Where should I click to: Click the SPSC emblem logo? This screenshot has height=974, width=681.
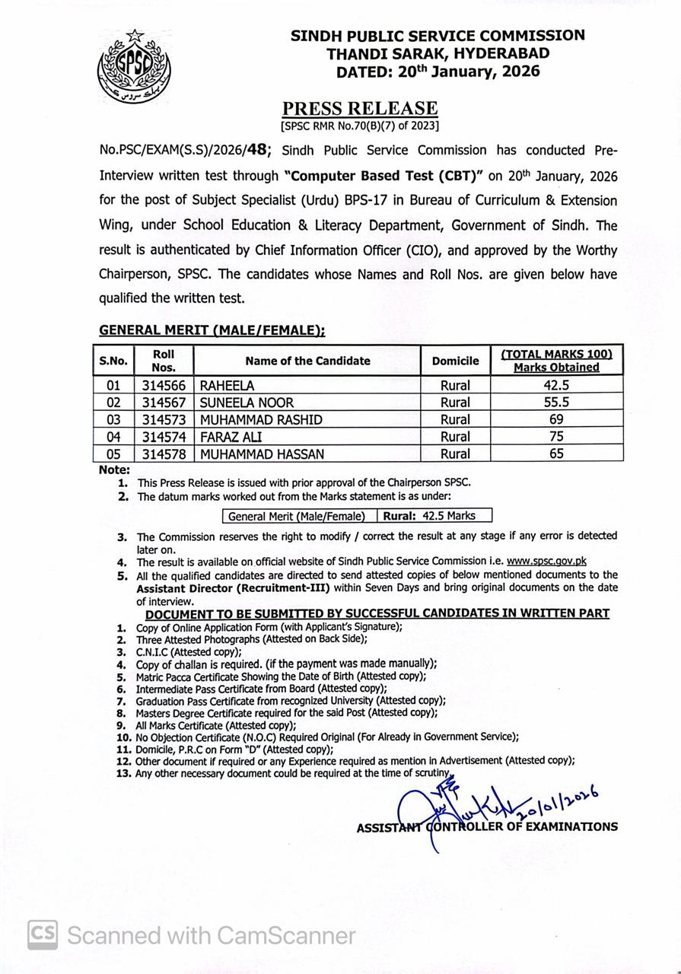pos(135,68)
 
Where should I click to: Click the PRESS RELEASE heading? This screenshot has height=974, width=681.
pos(360,109)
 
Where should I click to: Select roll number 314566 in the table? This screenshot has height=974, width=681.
pos(164,386)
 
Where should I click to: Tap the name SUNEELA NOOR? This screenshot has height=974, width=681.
pos(247,403)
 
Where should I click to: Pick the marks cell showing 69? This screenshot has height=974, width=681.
pos(556,419)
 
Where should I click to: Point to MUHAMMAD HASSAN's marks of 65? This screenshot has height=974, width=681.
pos(556,454)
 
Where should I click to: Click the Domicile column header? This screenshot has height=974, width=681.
pos(455,361)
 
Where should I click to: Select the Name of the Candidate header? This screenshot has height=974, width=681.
pos(307,361)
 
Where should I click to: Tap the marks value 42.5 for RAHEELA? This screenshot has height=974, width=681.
pos(556,386)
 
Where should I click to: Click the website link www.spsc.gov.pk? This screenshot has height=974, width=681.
pos(546,562)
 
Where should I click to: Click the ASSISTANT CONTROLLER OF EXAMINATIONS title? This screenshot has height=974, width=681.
pos(487,826)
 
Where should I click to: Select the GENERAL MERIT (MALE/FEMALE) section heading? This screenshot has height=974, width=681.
pos(212,330)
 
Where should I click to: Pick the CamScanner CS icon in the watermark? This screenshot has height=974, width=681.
pos(43,934)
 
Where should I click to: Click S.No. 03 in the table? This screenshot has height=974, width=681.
pos(113,419)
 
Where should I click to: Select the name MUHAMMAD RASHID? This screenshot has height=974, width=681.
pos(261,419)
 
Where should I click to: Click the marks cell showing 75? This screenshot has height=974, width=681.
pos(556,437)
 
